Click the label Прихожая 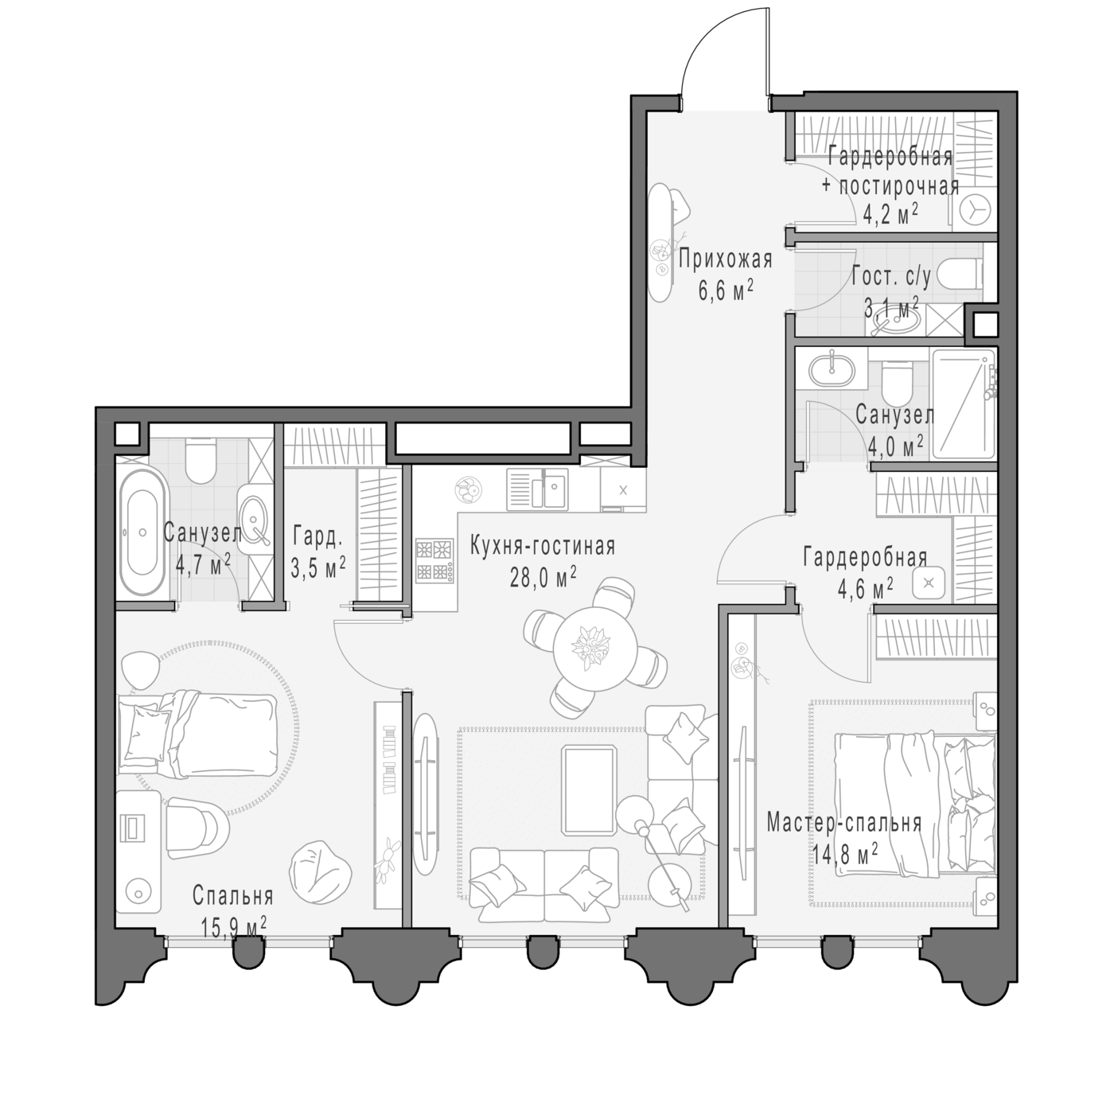pos(725,260)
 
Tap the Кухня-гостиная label pos(542,546)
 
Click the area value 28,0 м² pos(543,577)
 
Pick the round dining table pos(595,647)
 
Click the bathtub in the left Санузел pos(142,532)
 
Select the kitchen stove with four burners pos(434,560)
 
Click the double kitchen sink pos(537,489)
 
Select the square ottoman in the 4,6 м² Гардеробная pos(929,583)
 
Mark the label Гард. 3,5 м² pos(318,551)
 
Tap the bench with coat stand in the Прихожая pos(660,242)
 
